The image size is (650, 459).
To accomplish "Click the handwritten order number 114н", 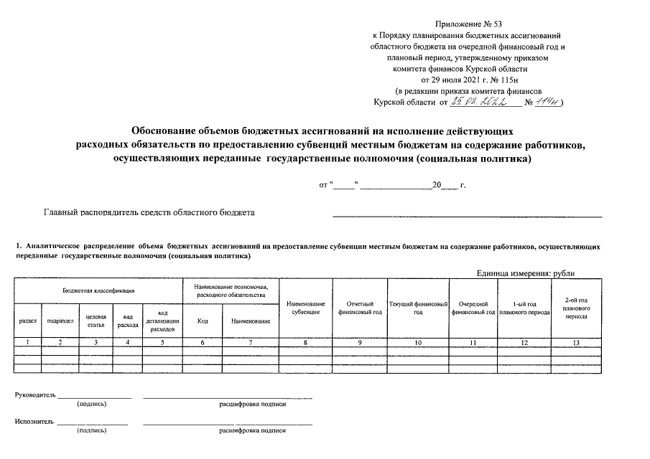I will pyautogui.click(x=547, y=103).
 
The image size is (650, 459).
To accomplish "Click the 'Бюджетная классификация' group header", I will pyautogui.click(x=99, y=290).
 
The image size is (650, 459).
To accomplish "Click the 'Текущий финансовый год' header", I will pyautogui.click(x=418, y=308).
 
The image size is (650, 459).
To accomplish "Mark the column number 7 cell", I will pyautogui.click(x=251, y=343).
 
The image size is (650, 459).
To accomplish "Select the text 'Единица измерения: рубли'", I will pyautogui.click(x=525, y=273).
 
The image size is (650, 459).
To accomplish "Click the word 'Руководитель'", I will pyautogui.click(x=35, y=397).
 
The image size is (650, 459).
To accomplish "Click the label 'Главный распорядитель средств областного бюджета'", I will pyautogui.click(x=149, y=212).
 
